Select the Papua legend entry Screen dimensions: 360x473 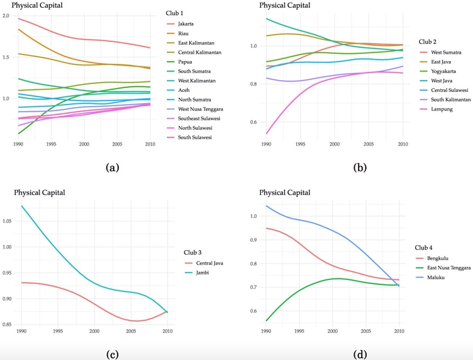[186, 60]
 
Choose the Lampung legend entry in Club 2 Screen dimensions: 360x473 [439, 109]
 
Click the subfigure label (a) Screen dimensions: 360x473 [112, 168]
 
